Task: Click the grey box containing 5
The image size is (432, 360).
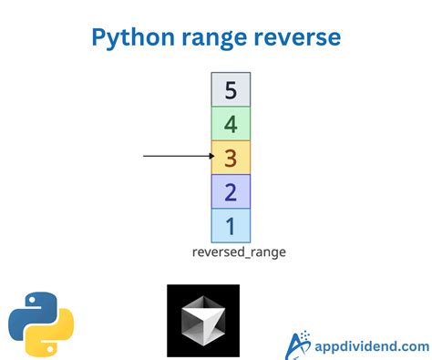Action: pos(231,89)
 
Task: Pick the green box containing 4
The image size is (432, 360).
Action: pos(231,123)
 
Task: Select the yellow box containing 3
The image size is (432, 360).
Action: pos(231,157)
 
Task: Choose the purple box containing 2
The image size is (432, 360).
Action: pos(231,190)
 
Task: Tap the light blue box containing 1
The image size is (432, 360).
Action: pos(231,224)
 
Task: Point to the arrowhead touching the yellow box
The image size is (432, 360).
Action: pos(208,156)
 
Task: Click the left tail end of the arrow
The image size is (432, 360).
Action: pos(145,156)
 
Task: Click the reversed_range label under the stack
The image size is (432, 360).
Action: pos(239,252)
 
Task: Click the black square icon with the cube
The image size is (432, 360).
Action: pos(202,320)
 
